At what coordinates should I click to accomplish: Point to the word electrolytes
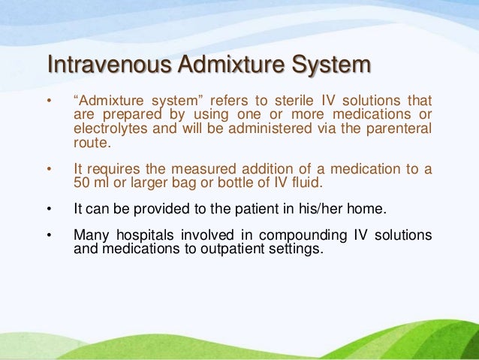pos(110,129)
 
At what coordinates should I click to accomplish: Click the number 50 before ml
pos(82,183)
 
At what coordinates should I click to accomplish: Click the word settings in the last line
pos(299,249)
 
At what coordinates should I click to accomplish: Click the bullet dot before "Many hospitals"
pos(50,236)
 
